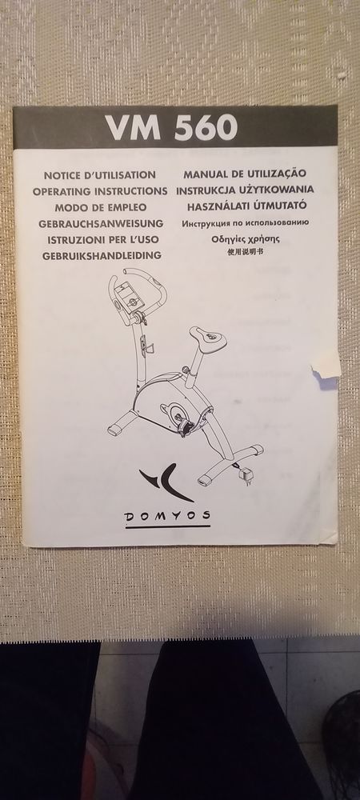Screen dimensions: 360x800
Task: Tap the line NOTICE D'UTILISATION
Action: tap(100, 175)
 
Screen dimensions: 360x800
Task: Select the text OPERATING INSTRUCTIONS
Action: tap(100, 191)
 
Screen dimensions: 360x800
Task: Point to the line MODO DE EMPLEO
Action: tap(101, 208)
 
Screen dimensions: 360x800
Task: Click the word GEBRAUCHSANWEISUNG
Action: tap(101, 223)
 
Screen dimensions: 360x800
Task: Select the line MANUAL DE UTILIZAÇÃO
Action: tap(245, 174)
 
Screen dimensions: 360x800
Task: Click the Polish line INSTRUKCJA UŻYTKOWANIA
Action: tap(246, 190)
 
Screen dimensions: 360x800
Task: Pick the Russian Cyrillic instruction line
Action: tap(246, 223)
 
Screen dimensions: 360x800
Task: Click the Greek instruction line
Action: tap(246, 238)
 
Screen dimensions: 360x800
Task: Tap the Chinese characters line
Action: tap(246, 251)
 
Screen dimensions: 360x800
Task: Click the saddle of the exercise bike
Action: tap(208, 338)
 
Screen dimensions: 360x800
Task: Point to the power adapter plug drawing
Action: tap(246, 476)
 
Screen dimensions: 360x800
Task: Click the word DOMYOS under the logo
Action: tap(167, 516)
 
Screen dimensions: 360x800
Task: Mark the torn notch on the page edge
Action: tap(326, 366)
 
